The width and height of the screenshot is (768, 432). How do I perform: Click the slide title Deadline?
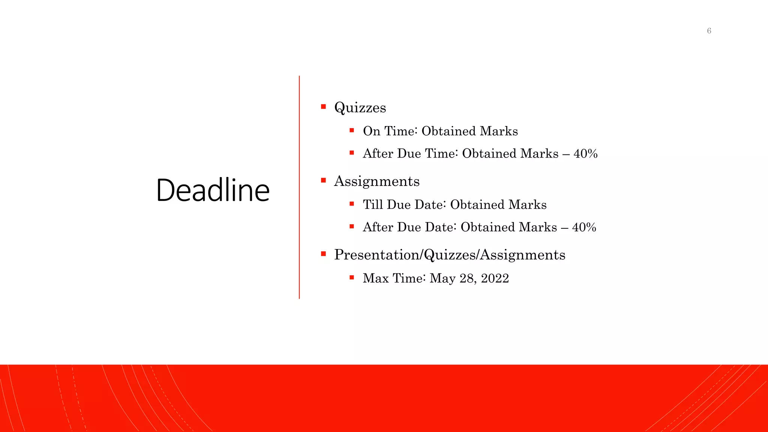(213, 190)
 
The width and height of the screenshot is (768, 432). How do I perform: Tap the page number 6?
(709, 31)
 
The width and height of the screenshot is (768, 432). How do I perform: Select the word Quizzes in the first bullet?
(360, 108)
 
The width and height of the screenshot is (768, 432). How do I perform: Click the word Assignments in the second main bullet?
(376, 181)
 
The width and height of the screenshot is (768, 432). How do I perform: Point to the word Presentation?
(377, 255)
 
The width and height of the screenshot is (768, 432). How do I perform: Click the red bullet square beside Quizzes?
(323, 107)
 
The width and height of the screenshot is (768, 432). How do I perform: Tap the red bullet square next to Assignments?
(323, 180)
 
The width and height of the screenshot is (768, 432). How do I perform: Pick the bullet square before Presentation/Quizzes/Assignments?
(323, 254)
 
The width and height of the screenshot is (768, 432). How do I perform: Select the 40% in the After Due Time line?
(585, 153)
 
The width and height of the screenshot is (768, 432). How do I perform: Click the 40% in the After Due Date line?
(584, 227)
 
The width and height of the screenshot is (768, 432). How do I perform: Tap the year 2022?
(495, 278)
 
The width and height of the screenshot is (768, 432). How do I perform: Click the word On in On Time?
(372, 131)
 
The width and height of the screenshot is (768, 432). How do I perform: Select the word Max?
(376, 278)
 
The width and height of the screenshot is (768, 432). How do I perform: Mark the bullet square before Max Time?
(352, 277)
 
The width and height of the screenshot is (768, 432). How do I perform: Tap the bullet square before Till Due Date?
(352, 204)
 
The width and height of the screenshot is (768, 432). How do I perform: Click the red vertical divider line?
(299, 187)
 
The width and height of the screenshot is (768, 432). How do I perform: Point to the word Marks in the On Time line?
(499, 131)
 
